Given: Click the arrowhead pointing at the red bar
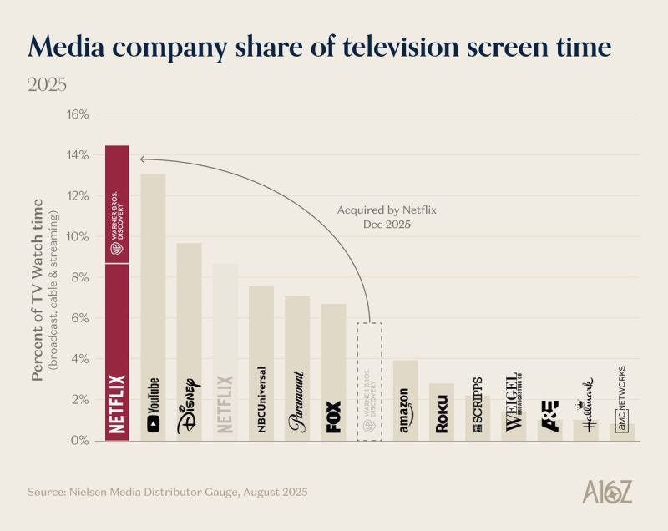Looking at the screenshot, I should pos(144,159).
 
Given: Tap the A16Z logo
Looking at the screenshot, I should pos(607,492).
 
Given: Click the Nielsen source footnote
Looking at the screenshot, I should pos(168,492).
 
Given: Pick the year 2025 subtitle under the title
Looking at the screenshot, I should pos(48,85).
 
